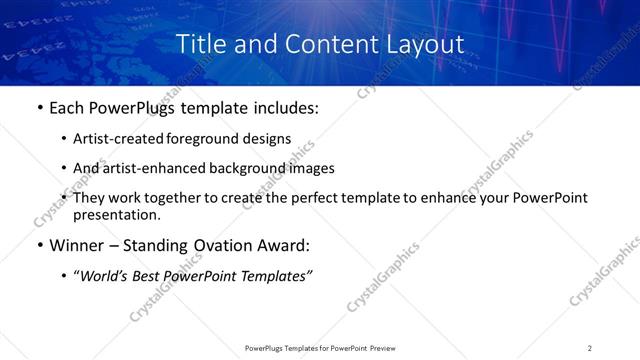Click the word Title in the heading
(199, 45)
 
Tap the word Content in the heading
(323, 45)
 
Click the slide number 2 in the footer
(589, 347)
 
